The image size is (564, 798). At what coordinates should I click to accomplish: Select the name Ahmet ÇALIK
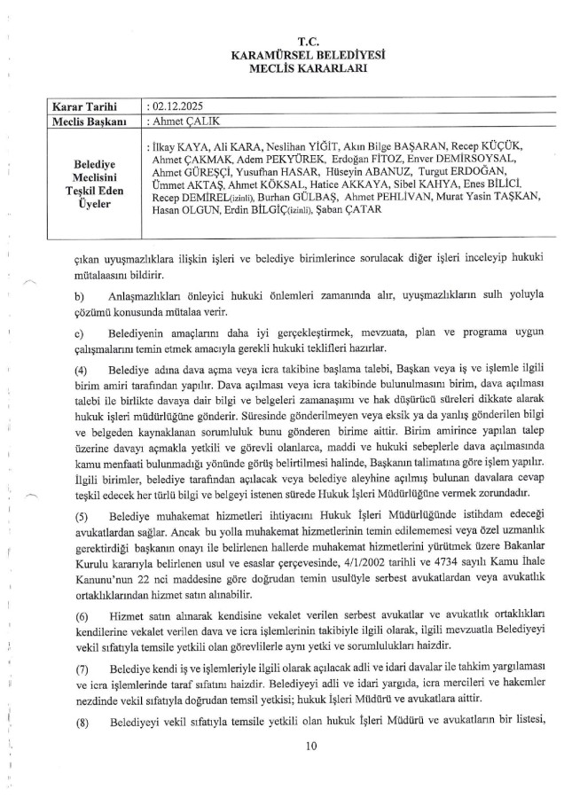(180, 121)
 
